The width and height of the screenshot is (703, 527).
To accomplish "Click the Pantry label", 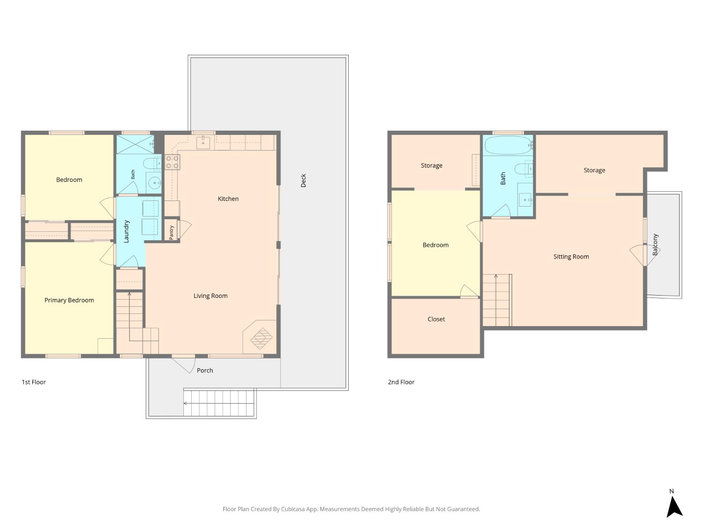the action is coord(172,232).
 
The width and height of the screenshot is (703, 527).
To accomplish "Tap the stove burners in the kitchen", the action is coord(172,162).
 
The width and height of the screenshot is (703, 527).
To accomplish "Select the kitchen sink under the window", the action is coord(203,142).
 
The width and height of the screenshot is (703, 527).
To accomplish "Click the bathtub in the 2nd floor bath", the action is coord(509,145).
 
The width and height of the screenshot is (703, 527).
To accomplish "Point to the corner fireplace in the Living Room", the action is coord(260,337).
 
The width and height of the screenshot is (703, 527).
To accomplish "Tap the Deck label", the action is coord(303,180).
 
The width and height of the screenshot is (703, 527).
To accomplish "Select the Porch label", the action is coord(205,370).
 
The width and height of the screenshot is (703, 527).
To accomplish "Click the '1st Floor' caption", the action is coord(34,382).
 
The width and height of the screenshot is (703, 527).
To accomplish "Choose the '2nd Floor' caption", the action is coord(401,382).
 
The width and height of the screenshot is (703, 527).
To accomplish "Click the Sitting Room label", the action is coord(571,257).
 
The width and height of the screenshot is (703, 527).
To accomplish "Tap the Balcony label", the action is coord(655,245).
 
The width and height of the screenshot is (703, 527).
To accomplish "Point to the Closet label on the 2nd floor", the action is coord(436,319).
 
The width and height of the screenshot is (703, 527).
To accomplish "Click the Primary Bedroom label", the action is coord(69,300).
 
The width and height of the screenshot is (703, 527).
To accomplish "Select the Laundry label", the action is coord(126,231).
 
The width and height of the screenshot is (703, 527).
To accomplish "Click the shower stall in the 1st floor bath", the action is coord(135,144).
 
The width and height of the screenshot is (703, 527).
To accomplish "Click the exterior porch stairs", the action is coord(219,403).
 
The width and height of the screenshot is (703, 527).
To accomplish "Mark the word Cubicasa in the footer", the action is coord(292,509).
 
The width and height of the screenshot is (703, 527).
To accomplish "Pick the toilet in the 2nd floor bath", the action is coord(524,169).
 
